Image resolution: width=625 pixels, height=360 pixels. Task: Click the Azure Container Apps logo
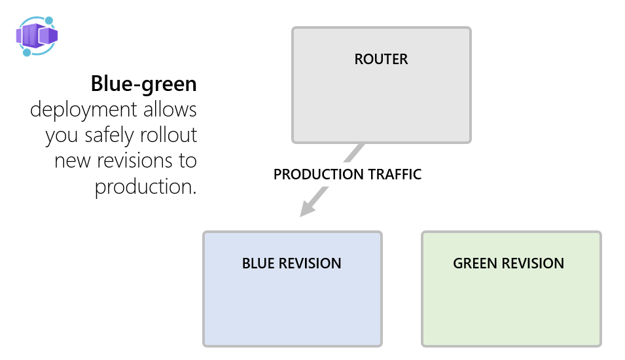coord(37,35)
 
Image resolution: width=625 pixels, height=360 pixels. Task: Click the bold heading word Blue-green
coord(143,84)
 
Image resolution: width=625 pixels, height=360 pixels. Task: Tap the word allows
coord(169,109)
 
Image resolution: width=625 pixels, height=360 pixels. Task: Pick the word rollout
coord(168,135)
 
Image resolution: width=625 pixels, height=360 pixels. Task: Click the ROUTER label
coord(381,60)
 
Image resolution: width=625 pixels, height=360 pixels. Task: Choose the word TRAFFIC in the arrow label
coord(394,175)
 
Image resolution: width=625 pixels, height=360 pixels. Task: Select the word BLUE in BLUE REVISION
coord(259,264)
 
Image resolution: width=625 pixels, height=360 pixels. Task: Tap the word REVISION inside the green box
coord(532,264)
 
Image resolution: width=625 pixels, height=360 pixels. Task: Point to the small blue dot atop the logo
coord(48,21)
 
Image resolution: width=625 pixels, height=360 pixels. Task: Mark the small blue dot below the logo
coord(27,52)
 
